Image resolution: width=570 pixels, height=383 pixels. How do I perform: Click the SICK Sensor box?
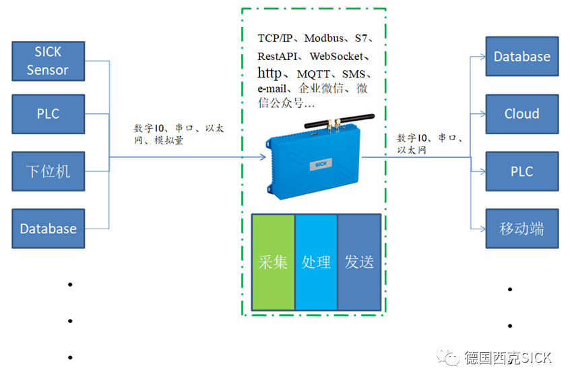coord(48,61)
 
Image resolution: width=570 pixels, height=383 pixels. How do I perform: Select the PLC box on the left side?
coord(48,114)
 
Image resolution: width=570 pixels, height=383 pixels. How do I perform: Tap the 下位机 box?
coord(48,171)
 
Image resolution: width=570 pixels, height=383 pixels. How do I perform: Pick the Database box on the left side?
coord(48,229)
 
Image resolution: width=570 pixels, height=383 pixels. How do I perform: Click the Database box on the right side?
coord(521,57)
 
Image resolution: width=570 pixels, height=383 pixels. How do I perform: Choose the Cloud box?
coord(521,114)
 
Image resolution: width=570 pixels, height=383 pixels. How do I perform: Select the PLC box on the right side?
coord(521,171)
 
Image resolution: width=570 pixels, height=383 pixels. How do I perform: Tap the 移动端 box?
coord(521,229)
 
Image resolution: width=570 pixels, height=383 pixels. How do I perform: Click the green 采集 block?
coord(273,262)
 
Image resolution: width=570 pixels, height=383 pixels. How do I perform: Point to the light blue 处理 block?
coord(316,262)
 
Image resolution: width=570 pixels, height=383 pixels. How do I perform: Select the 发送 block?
coord(359,262)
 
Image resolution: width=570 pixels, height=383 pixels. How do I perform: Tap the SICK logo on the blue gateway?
coord(320,163)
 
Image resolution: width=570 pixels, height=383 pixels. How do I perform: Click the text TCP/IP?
coord(277,39)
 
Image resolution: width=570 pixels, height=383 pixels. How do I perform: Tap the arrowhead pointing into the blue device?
coord(262,158)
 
